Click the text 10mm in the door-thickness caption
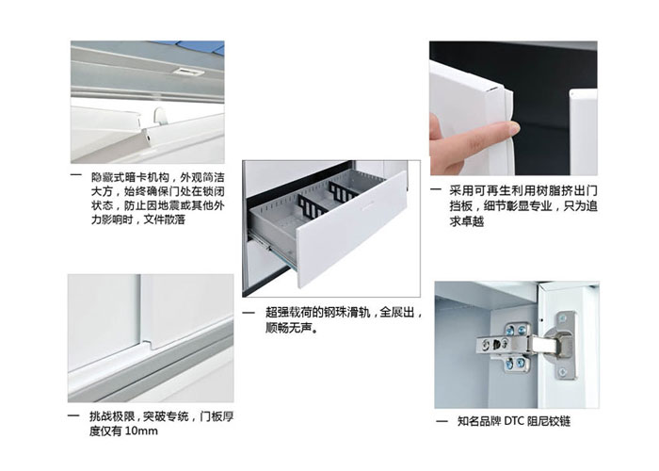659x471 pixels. (141, 431)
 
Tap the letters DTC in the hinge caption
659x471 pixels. (514, 421)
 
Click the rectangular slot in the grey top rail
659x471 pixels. (188, 72)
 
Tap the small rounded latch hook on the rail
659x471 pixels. (160, 116)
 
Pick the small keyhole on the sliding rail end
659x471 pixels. (148, 138)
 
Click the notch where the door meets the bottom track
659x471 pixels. (148, 345)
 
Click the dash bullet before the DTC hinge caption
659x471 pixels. (442, 421)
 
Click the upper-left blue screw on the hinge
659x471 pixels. (510, 329)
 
